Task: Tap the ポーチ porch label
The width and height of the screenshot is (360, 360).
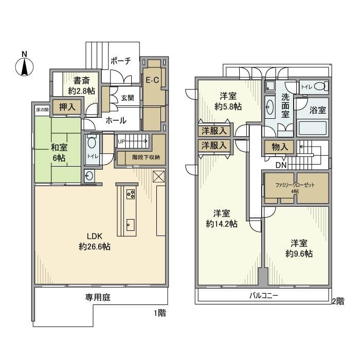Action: (x=121, y=61)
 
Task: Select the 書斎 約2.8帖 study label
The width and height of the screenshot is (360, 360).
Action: (x=81, y=85)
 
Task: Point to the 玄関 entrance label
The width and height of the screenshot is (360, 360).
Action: (x=128, y=98)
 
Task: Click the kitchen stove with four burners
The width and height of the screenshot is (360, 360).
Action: (x=130, y=194)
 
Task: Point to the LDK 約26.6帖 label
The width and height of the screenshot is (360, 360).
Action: (x=95, y=241)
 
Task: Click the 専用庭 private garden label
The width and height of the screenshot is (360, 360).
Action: (x=98, y=297)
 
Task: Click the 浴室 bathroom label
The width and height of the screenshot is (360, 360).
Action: (x=315, y=110)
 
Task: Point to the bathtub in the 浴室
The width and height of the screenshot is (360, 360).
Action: (x=313, y=127)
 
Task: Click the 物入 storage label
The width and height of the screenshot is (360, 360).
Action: (x=279, y=147)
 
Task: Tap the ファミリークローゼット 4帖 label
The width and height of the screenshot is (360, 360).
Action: (x=295, y=187)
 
